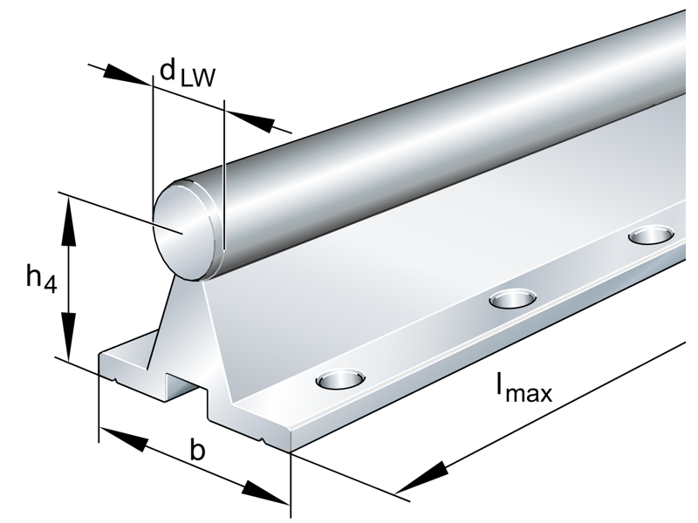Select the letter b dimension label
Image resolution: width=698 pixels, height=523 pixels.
pyautogui.click(x=198, y=451)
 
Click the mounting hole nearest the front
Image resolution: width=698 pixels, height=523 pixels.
pyautogui.click(x=339, y=379)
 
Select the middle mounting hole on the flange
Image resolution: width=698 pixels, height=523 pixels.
pyautogui.click(x=512, y=299)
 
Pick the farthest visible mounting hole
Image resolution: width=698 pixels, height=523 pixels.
pyautogui.click(x=651, y=234)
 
